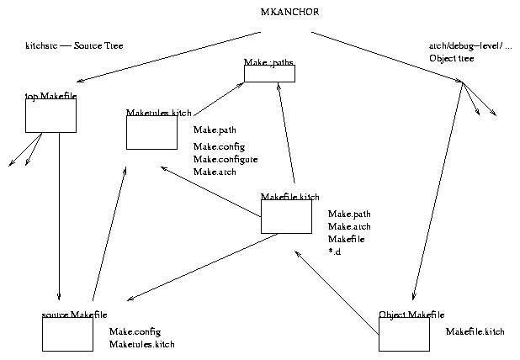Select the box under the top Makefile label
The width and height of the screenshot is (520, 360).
coord(50,115)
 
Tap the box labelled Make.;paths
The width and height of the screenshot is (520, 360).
coord(269,73)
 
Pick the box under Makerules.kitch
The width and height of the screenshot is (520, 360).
coord(151,132)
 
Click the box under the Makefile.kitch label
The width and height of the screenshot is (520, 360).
coord(286,216)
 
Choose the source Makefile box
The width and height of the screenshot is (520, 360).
coord(67,334)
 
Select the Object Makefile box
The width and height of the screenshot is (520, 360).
coord(404,334)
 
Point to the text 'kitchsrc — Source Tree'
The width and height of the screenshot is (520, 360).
coord(74,45)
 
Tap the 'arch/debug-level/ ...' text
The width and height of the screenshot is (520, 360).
coord(470,45)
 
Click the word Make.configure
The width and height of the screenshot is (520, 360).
coord(226,159)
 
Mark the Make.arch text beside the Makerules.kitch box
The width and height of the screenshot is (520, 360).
coord(215,172)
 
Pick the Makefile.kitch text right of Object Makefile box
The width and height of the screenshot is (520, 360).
coord(475,332)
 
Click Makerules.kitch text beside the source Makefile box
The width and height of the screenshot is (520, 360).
coord(142,344)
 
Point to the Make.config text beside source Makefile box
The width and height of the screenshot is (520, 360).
coord(135,331)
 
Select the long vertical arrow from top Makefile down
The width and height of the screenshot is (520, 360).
coord(59,219)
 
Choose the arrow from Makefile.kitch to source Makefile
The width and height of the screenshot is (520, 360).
coord(202,267)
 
